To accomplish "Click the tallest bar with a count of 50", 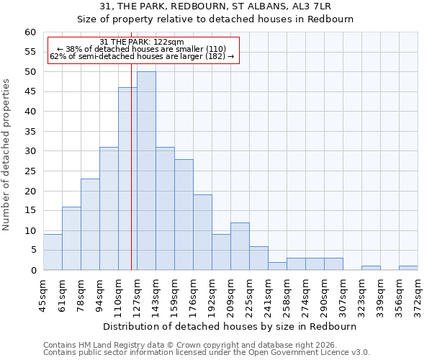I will point(146,171).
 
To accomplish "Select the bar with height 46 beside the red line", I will point(127,179).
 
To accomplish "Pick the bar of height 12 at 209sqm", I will point(240,246).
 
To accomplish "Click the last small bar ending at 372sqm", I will point(408,268).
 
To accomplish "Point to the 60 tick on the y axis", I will point(30,32).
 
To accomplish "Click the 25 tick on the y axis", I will point(30,171).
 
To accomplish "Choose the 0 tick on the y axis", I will point(33,271).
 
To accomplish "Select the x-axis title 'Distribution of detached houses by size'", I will point(230,326).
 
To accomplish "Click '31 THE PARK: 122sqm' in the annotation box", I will point(142,42).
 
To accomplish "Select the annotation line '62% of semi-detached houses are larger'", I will point(142,56).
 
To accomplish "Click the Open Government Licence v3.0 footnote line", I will point(207,353).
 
